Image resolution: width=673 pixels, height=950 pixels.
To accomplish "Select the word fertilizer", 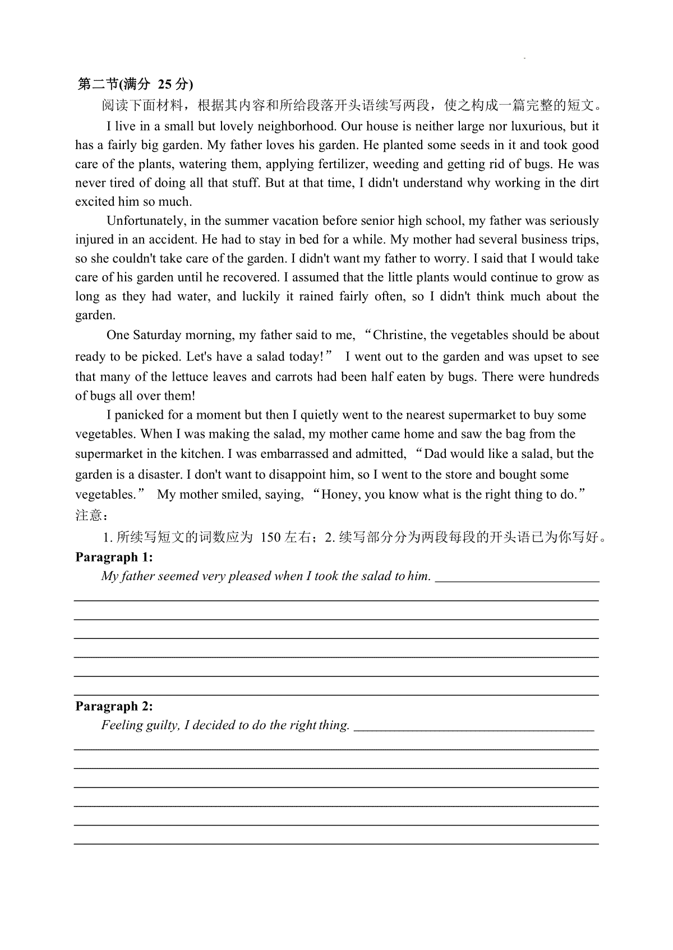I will [343, 164].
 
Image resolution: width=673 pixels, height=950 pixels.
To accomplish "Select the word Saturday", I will [158, 335].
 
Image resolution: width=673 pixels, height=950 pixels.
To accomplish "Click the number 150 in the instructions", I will [270, 537].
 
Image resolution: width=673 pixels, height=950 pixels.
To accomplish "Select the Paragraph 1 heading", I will [114, 557].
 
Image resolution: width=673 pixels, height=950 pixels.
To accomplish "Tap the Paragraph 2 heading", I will [114, 706].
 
